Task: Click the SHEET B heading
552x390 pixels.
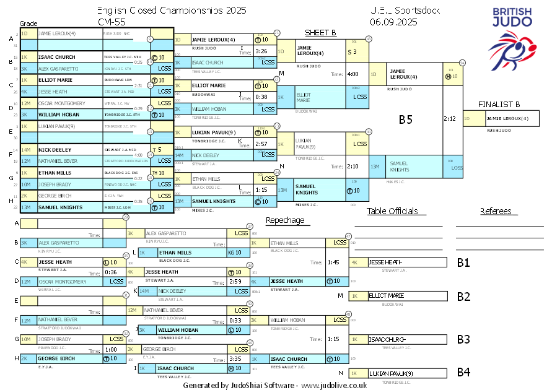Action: point(320,32)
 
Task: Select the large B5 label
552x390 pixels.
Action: point(405,119)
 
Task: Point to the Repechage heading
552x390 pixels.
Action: point(285,220)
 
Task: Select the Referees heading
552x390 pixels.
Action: point(496,211)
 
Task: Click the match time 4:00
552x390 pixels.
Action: point(353,74)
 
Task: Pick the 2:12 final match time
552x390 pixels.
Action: point(450,118)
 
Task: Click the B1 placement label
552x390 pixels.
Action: point(463,262)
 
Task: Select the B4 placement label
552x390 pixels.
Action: point(463,372)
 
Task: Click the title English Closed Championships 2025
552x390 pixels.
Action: point(172,10)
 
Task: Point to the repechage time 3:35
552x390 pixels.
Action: point(235,359)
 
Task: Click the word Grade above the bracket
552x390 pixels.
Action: point(28,22)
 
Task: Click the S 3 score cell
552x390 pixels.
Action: point(351,52)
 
